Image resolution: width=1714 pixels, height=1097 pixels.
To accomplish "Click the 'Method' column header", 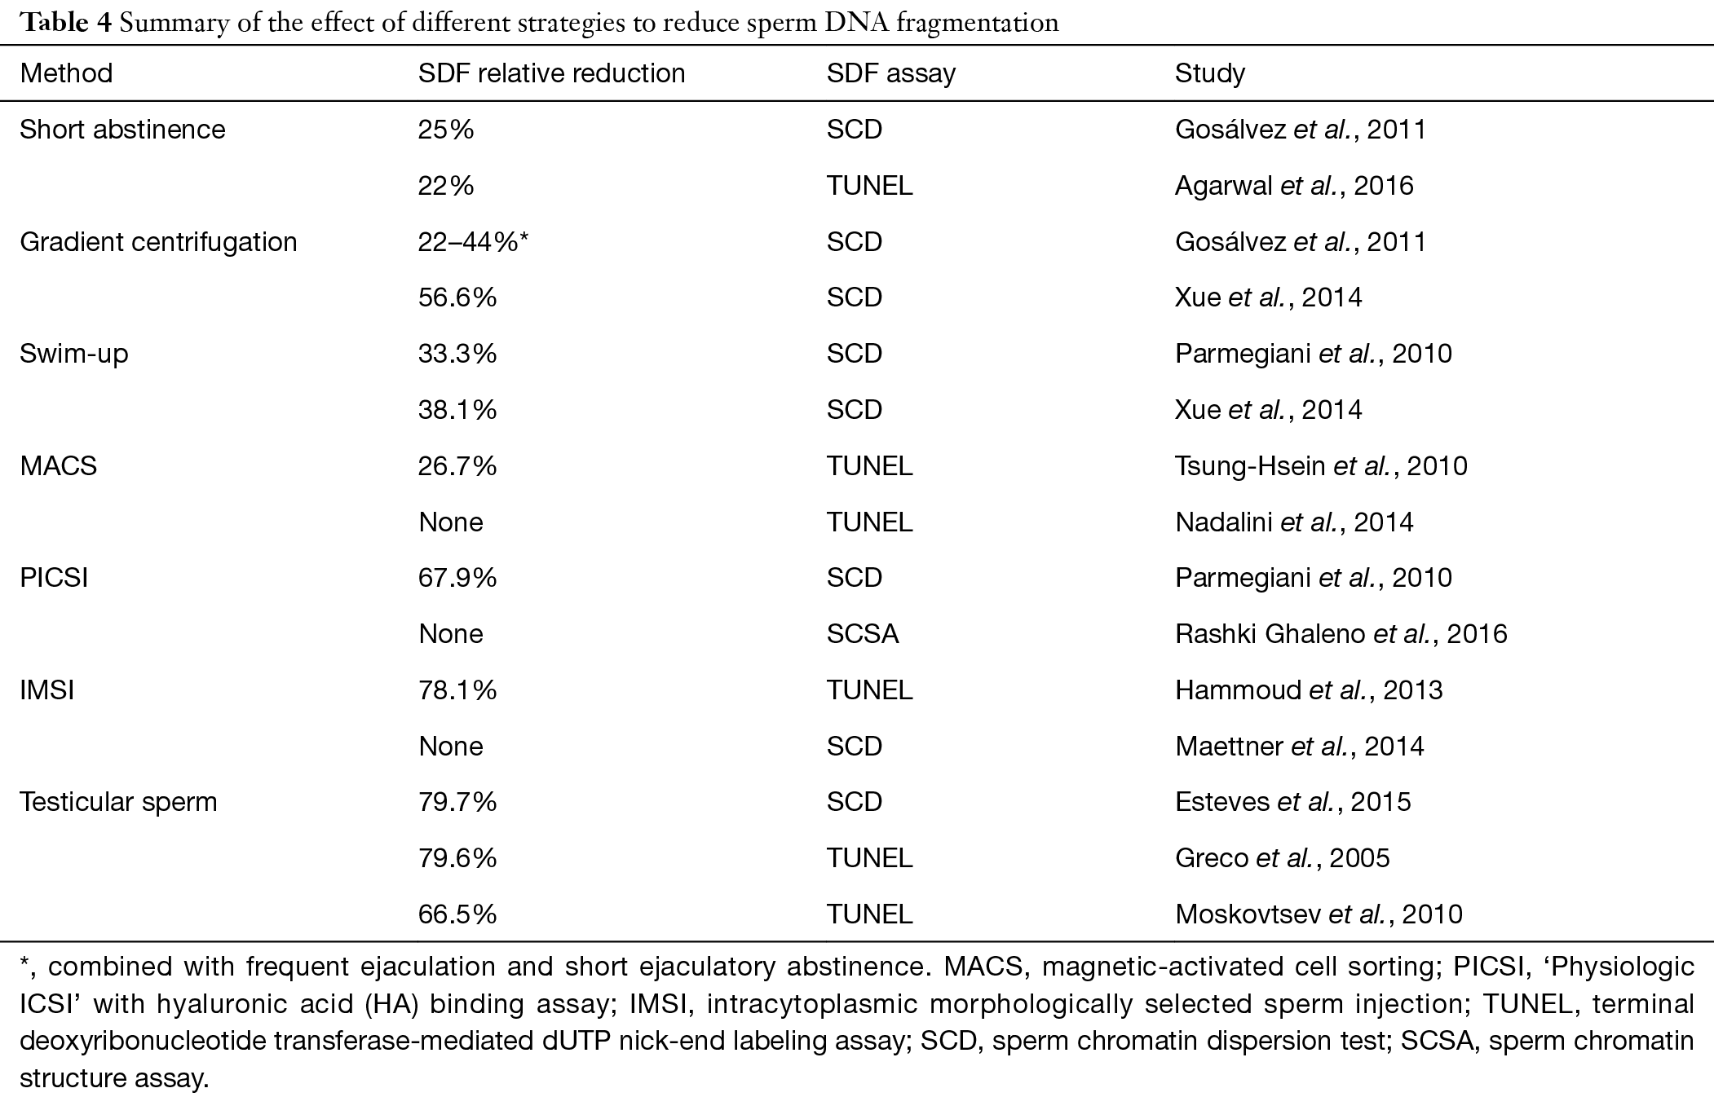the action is coord(66,73).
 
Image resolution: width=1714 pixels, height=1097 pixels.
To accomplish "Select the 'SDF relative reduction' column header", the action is coord(551,73).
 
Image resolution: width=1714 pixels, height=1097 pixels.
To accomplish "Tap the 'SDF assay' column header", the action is coord(890,74).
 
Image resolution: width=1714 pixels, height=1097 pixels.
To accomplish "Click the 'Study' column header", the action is coord(1209,74).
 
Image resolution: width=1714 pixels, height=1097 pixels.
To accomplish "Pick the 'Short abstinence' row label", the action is coord(122,130).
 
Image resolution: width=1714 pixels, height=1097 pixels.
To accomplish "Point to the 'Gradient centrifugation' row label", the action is coord(158,242).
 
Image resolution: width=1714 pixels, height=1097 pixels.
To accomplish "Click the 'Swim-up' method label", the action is coord(73,354).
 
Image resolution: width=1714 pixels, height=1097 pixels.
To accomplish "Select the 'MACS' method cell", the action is coord(58,466).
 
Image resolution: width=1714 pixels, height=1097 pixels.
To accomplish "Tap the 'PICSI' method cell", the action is coord(53,578).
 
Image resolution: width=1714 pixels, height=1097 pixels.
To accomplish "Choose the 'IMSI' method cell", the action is coord(46,690).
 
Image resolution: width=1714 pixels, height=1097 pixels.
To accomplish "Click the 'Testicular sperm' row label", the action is coord(118,802).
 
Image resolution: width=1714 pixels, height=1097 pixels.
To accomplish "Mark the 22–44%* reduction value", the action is coord(474,242).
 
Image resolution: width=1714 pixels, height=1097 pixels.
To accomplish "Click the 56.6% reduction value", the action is coord(457,297).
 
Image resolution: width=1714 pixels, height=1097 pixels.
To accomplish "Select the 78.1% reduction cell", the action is coord(457,690).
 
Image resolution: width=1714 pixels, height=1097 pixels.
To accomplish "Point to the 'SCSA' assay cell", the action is coord(863,634).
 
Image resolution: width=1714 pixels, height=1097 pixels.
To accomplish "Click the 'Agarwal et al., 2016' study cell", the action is coord(1294,186).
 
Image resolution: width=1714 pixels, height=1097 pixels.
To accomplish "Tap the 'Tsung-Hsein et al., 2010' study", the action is coord(1321,466).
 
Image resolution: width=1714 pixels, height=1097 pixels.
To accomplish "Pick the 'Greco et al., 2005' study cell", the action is coord(1282,858).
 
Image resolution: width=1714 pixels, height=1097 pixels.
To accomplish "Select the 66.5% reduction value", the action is coord(457,914).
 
